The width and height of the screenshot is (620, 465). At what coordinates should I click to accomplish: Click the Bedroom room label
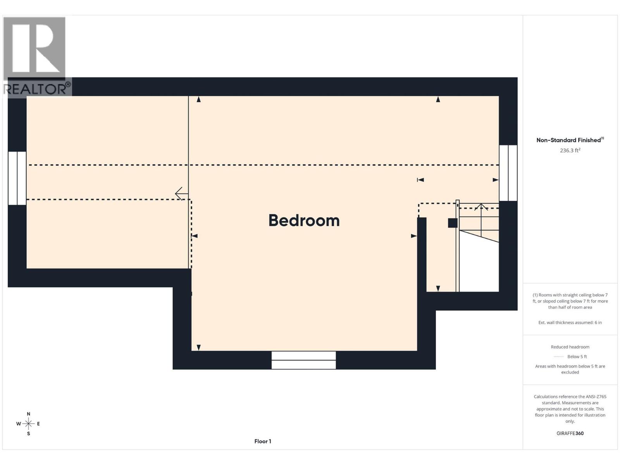coord(304,220)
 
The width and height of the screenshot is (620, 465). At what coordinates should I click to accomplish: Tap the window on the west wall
coord(17,178)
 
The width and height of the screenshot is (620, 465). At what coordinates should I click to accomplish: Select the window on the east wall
coord(508,173)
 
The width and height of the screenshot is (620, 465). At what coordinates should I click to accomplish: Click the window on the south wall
coord(303,360)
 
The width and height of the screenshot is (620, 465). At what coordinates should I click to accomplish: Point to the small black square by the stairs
coord(453,223)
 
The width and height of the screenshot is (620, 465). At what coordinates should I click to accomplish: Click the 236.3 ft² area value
coord(570,150)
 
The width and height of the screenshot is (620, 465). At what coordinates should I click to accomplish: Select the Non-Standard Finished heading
coord(569,140)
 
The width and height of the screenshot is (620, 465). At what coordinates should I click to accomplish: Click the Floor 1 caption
coord(263,441)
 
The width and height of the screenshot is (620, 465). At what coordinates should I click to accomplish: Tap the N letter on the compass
coord(28,414)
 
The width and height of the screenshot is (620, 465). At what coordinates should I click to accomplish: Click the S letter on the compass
coord(28,434)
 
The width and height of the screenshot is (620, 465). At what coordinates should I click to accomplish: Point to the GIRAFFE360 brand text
coord(570,433)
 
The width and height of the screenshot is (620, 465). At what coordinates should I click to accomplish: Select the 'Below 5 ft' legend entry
coord(577,356)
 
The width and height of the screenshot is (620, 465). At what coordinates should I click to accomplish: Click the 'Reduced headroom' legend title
coord(570,347)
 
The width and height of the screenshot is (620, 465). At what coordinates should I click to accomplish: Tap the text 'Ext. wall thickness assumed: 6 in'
coord(570,322)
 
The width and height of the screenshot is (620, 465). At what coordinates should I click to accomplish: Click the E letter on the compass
coord(38,424)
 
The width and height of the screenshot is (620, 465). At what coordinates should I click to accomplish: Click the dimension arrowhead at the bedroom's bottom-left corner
coord(199,347)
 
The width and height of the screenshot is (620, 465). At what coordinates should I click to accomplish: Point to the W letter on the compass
coord(18,424)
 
